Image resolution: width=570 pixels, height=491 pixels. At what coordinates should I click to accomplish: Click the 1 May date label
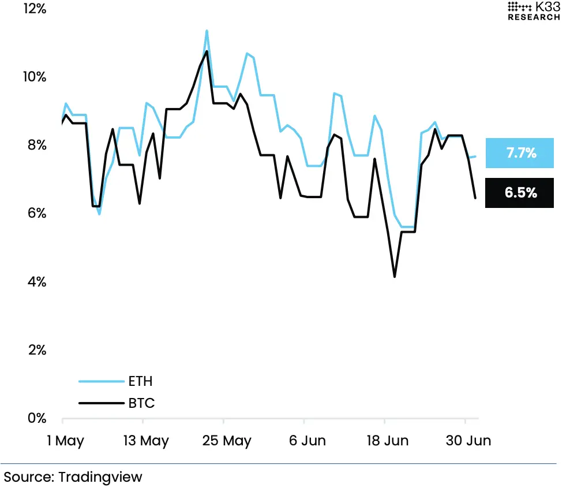pyautogui.click(x=65, y=441)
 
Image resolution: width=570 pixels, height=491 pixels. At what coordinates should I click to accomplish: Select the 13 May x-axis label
pyautogui.click(x=146, y=441)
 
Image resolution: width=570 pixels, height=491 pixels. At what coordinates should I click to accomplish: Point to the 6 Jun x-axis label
pyautogui.click(x=307, y=441)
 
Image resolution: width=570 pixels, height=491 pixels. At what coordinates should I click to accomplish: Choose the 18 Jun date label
pyautogui.click(x=388, y=441)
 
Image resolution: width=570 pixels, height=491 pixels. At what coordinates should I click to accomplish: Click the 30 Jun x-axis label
pyautogui.click(x=468, y=441)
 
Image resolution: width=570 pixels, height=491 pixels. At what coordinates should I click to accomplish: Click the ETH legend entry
pyautogui.click(x=140, y=381)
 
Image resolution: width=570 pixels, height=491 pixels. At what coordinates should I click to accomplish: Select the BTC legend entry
pyautogui.click(x=141, y=403)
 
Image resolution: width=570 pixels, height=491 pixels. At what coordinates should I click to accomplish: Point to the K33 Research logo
pyautogui.click(x=533, y=11)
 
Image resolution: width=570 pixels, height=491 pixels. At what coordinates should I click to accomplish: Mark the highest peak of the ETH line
pyautogui.click(x=207, y=31)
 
